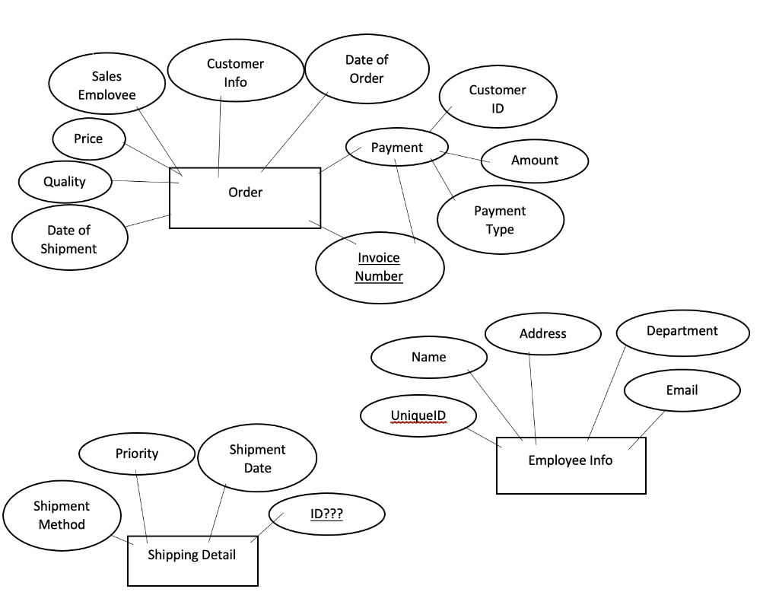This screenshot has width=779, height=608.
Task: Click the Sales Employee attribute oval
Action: [107, 84]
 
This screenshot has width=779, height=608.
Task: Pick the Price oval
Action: [88, 138]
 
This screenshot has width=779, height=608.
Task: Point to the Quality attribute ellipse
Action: [65, 182]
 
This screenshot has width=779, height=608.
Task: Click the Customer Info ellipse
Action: [235, 72]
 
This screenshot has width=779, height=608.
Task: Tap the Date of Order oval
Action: [367, 68]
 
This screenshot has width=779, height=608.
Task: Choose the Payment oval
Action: [396, 148]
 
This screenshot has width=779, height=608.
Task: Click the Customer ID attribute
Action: [498, 99]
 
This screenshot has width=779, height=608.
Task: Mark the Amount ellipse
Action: [534, 161]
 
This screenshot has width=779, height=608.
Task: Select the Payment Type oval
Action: [500, 220]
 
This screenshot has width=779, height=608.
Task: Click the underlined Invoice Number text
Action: [379, 267]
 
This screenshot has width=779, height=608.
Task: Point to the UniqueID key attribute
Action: [418, 415]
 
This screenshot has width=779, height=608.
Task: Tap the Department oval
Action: [682, 331]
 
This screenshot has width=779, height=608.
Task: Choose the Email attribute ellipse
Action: [682, 390]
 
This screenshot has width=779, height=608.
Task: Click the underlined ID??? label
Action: [326, 514]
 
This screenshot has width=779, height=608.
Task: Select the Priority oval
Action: [137, 454]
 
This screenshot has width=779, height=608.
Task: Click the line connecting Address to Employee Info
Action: [533, 396]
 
